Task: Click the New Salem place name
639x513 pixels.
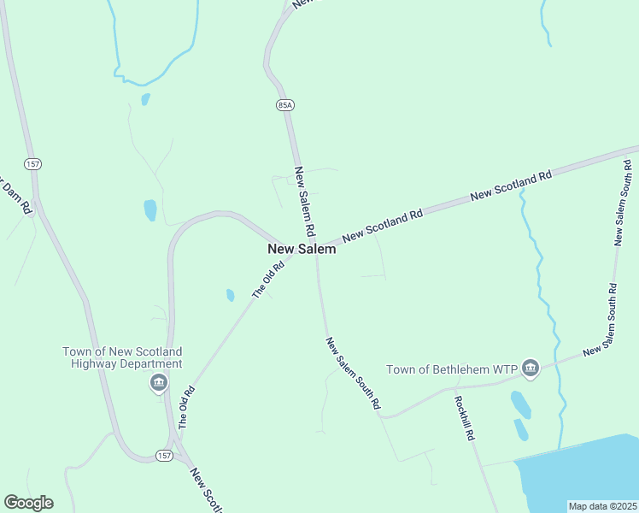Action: pyautogui.click(x=302, y=250)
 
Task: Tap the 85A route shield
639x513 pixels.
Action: pyautogui.click(x=285, y=104)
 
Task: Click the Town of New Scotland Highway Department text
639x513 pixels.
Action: pyautogui.click(x=122, y=357)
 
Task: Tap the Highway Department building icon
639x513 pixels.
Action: pyautogui.click(x=159, y=383)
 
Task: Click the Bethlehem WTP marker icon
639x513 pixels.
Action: pyautogui.click(x=531, y=369)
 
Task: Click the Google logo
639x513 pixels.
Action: pyautogui.click(x=28, y=503)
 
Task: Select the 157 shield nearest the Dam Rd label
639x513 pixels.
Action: pyautogui.click(x=32, y=163)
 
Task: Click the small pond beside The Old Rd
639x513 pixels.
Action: pyautogui.click(x=230, y=295)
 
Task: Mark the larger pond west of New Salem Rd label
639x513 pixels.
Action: pyautogui.click(x=150, y=209)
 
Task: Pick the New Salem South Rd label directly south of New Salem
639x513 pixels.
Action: pyautogui.click(x=352, y=374)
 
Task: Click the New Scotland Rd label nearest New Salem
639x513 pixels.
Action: pyautogui.click(x=383, y=226)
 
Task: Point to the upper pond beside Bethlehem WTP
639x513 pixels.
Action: pyautogui.click(x=519, y=404)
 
